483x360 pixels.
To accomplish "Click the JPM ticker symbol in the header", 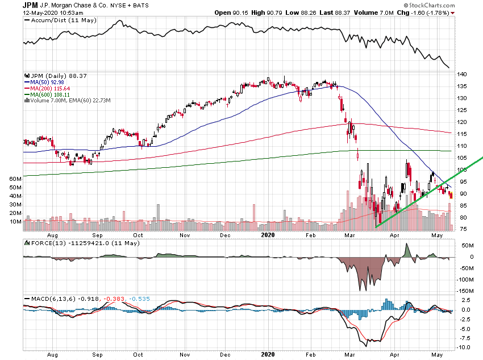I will coord(30,5).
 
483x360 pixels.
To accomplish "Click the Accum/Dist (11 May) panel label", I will coord(60,20).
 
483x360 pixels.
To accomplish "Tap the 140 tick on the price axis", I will coord(462,75).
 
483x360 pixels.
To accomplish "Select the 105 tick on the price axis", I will coord(462,158).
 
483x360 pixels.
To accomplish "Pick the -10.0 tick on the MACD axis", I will coord(464,347).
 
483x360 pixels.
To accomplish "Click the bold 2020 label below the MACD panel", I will coord(267,353).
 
